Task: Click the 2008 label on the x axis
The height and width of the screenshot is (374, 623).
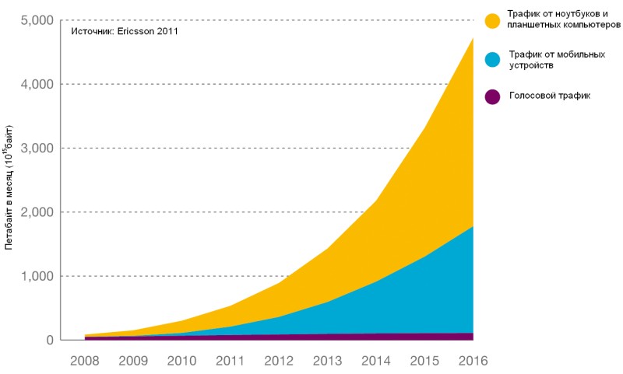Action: pyautogui.click(x=84, y=361)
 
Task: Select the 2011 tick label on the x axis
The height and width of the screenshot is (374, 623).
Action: pyautogui.click(x=230, y=361)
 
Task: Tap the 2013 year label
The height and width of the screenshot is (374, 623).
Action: pyautogui.click(x=327, y=361)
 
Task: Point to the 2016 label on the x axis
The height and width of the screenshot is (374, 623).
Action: pyautogui.click(x=473, y=361)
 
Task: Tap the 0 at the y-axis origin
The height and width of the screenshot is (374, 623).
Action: pyautogui.click(x=49, y=341)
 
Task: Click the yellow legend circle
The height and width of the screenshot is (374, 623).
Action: pyautogui.click(x=492, y=20)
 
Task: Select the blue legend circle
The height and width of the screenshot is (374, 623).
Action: pyautogui.click(x=492, y=60)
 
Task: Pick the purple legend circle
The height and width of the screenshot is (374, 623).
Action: pyautogui.click(x=492, y=96)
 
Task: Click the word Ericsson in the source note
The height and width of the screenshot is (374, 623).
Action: pyautogui.click(x=142, y=32)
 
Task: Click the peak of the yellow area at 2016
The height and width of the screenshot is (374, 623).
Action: pyautogui.click(x=473, y=38)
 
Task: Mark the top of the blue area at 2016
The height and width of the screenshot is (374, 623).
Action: pyautogui.click(x=473, y=227)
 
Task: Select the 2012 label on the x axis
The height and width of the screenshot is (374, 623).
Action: pyautogui.click(x=278, y=361)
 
